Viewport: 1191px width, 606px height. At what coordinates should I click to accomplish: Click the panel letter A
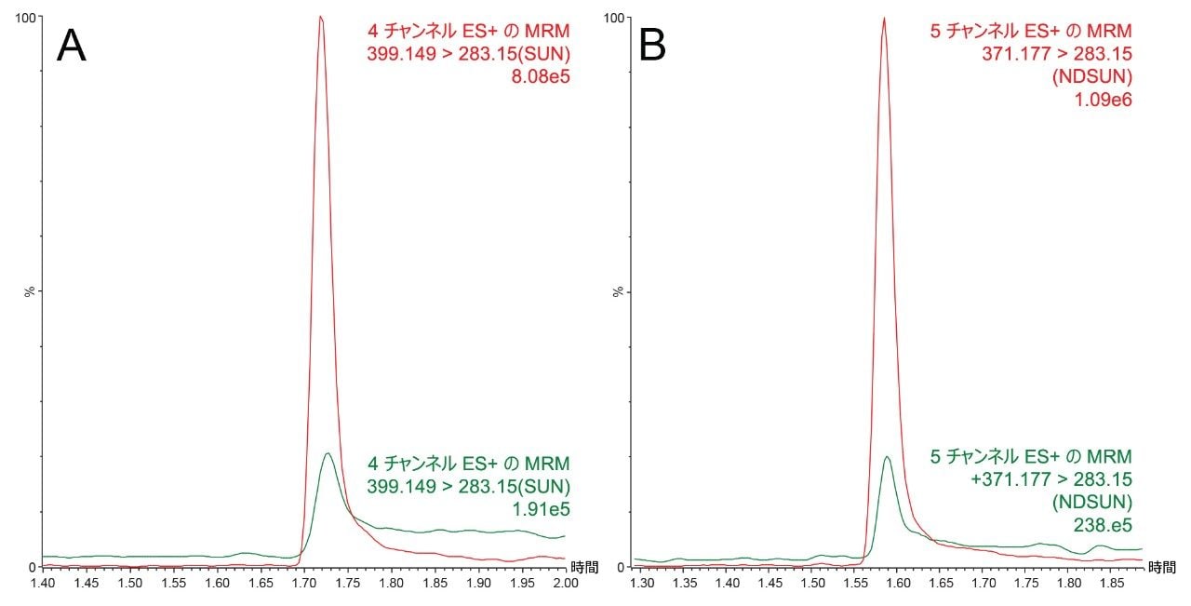(72, 47)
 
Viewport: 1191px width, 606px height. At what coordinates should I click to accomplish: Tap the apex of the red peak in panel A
(320, 16)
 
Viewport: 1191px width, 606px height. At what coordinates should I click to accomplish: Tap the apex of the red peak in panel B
(884, 18)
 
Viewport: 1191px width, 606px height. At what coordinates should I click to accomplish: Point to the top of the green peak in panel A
(328, 453)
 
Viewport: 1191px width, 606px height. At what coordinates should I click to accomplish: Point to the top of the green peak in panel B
(887, 456)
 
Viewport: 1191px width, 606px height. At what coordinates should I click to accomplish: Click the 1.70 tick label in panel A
(303, 583)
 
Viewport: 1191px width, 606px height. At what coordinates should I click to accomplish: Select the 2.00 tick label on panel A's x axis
(565, 583)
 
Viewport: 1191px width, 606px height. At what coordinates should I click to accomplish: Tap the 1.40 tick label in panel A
(42, 583)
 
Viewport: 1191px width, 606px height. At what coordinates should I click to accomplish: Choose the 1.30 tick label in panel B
(642, 583)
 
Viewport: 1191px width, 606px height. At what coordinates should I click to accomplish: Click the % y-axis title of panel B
(618, 291)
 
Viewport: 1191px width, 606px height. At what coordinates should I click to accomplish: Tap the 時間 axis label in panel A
(584, 566)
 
